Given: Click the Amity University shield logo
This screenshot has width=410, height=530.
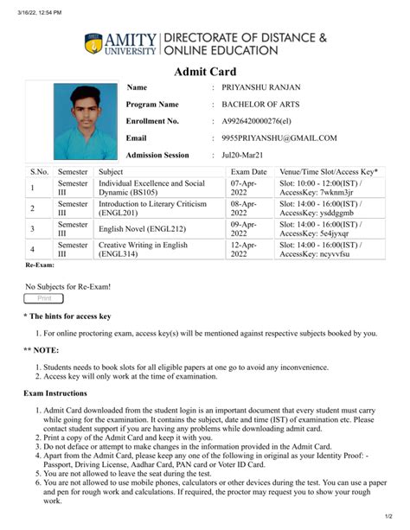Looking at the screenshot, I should (x=93, y=43).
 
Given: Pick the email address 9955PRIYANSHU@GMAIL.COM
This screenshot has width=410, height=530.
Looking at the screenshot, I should (x=279, y=137).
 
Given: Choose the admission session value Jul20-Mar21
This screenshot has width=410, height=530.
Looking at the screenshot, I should (x=243, y=155).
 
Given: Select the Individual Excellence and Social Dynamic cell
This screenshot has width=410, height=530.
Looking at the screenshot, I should (x=151, y=188).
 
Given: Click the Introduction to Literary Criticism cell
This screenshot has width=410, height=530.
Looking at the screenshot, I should (x=152, y=209).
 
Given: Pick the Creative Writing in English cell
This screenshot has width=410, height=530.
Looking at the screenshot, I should (x=143, y=250).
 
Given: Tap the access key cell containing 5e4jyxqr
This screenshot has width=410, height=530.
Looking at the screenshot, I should (x=321, y=229).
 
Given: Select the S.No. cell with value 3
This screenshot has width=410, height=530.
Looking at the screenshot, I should (x=32, y=229).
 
